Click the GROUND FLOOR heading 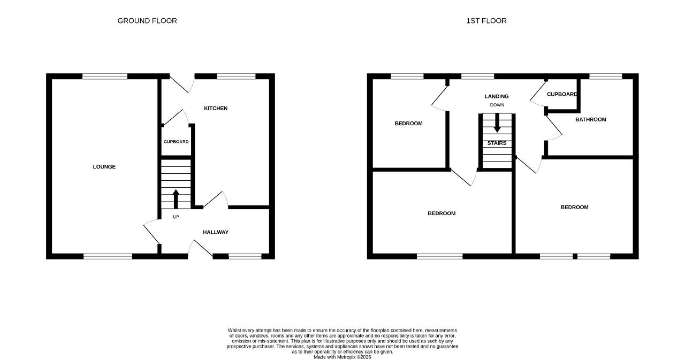click(147, 21)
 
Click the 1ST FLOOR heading click(486, 21)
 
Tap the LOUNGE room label click(104, 166)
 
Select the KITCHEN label click(216, 108)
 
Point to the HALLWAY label click(216, 232)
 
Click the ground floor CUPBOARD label click(176, 142)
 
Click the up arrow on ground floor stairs click(176, 199)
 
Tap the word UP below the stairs click(176, 217)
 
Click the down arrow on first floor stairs click(497, 123)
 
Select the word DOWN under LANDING click(497, 105)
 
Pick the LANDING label click(497, 96)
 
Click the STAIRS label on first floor click(497, 143)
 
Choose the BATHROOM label click(591, 119)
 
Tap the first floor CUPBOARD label click(562, 95)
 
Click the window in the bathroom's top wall click(606, 76)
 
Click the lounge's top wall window click(105, 76)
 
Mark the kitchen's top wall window click(236, 76)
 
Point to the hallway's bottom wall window click(245, 256)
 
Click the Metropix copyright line click(342, 357)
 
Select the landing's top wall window click(477, 76)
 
